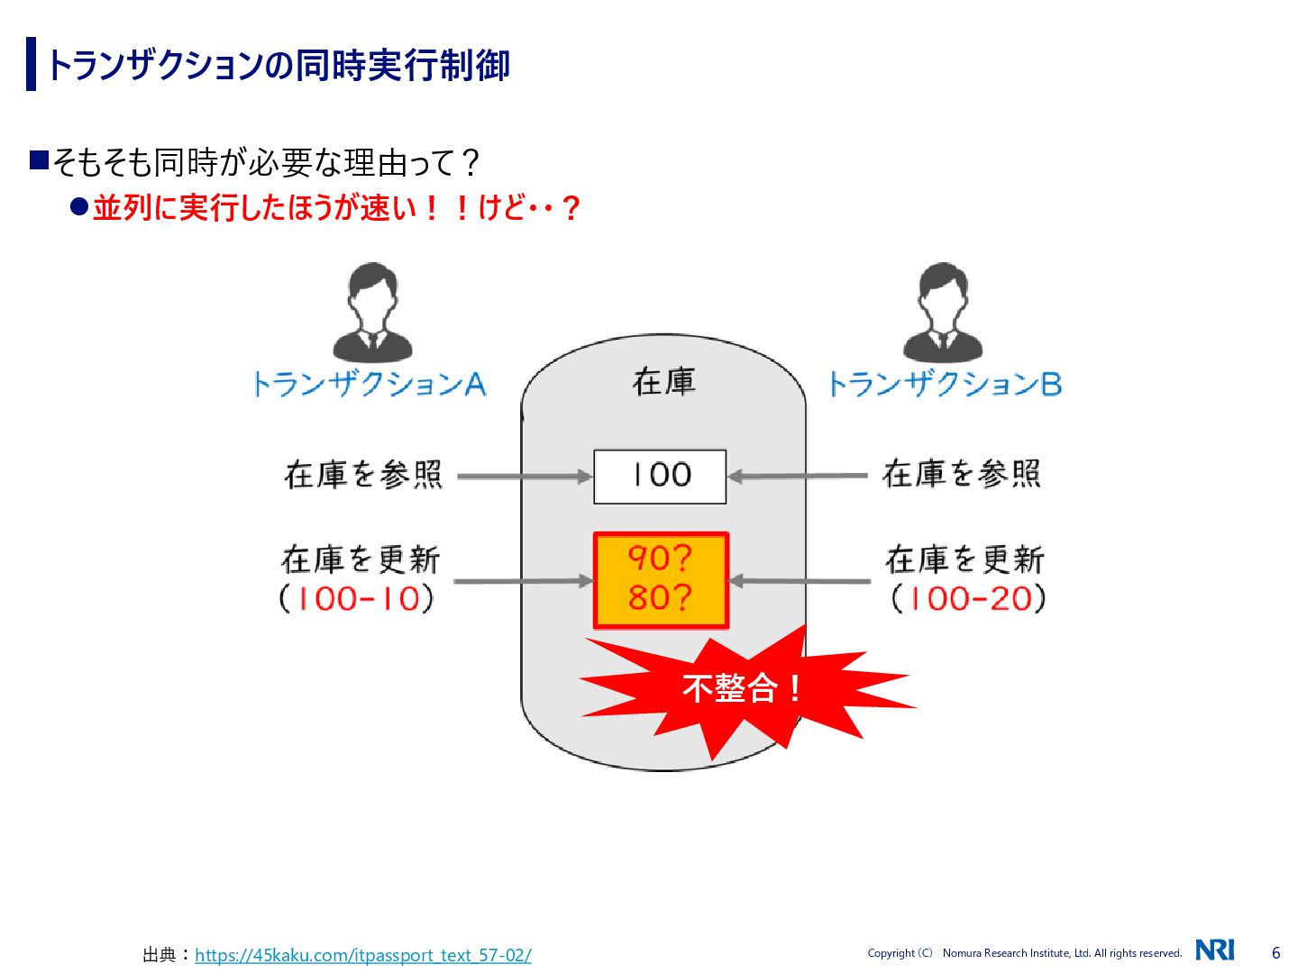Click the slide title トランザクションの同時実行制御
coord(278,65)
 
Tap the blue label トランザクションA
coord(369,385)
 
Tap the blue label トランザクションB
coord(944,385)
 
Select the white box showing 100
coord(660,476)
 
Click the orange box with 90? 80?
coord(661,579)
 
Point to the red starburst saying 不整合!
coord(741,689)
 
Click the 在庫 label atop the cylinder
coord(663,382)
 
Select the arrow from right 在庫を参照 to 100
coord(797,476)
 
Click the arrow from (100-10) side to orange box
coord(523,581)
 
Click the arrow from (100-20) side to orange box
coord(799,581)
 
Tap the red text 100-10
coord(358,599)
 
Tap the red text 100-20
coord(970,599)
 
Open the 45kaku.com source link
coord(362,955)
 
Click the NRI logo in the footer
coord(1215,950)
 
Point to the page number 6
coord(1275,952)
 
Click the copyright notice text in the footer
coord(1024,953)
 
